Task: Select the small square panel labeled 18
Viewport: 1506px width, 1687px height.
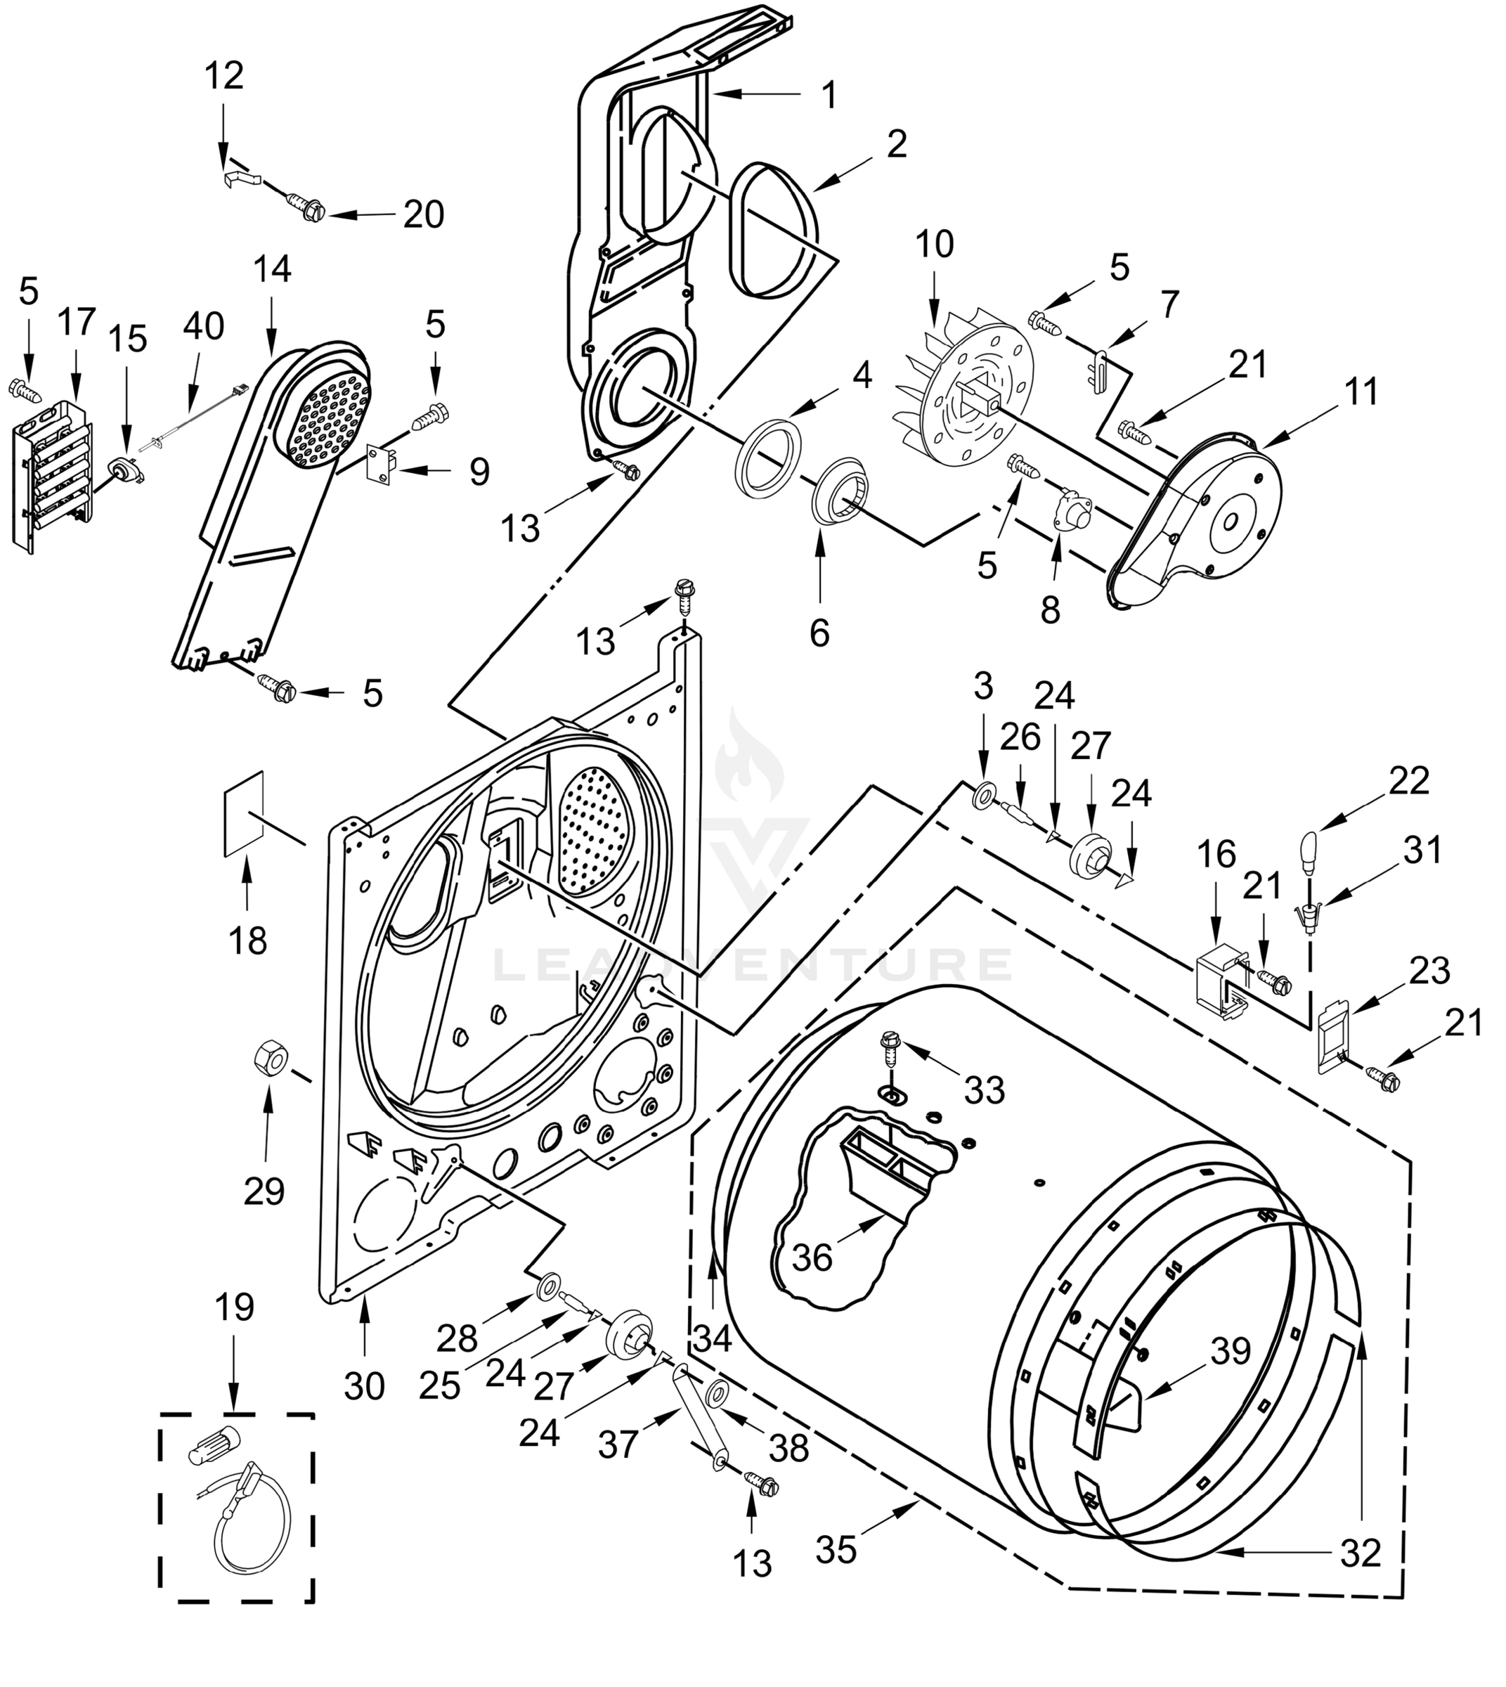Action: click(244, 813)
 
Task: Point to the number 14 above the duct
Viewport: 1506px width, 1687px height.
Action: click(272, 269)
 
